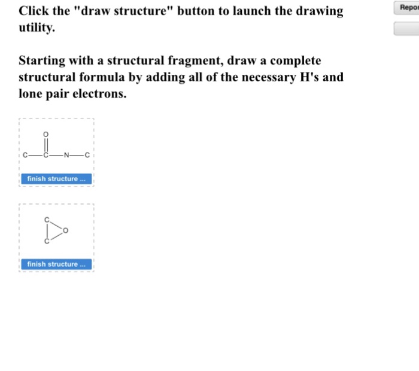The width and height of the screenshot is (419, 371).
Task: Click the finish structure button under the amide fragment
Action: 57,179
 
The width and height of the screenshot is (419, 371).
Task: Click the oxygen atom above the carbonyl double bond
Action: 45,133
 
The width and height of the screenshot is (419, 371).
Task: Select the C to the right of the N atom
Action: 87,157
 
